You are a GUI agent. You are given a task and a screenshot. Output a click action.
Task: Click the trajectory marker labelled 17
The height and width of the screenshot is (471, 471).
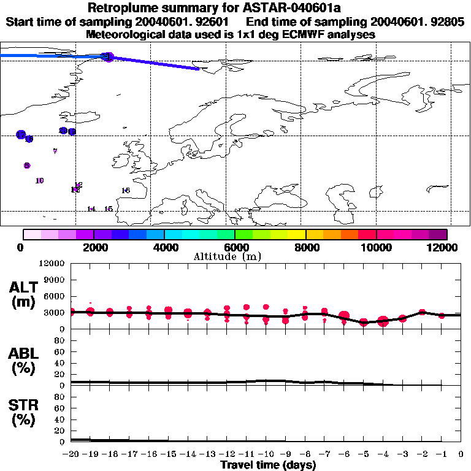pyautogui.click(x=21, y=134)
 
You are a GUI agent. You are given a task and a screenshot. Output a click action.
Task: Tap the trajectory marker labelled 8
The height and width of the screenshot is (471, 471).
pyautogui.click(x=27, y=166)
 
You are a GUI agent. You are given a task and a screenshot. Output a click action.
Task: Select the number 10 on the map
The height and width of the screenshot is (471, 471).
pyautogui.click(x=40, y=181)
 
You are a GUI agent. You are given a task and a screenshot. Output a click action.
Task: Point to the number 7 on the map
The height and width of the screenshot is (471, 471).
pyautogui.click(x=55, y=151)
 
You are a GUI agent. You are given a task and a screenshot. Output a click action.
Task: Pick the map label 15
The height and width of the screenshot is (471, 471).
pyautogui.click(x=108, y=209)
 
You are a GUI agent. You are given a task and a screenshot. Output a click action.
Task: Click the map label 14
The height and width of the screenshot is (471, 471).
pyautogui.click(x=91, y=209)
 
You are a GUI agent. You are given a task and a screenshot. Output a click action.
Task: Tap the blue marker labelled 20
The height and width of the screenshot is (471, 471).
pyautogui.click(x=63, y=131)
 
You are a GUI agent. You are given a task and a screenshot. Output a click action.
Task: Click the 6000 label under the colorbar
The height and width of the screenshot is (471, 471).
pyautogui.click(x=235, y=247)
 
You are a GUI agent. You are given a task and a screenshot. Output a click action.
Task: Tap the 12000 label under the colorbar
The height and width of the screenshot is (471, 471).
pyautogui.click(x=443, y=247)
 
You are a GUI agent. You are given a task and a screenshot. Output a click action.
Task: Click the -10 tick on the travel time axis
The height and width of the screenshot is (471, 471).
pyautogui.click(x=266, y=454)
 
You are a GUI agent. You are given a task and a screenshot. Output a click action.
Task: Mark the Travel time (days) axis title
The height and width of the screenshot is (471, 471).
pyautogui.click(x=267, y=465)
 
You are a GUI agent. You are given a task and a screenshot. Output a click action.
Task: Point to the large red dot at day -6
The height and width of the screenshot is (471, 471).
pyautogui.click(x=344, y=316)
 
